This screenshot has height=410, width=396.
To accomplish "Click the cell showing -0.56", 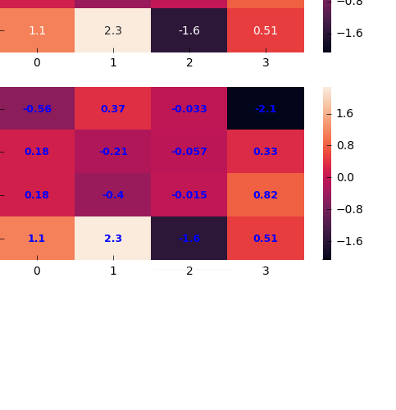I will pyautogui.click(x=37, y=108).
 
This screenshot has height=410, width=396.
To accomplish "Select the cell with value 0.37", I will pyautogui.click(x=113, y=108).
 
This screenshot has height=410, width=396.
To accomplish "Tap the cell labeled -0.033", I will pyautogui.click(x=189, y=108).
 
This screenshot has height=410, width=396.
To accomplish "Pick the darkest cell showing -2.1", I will pyautogui.click(x=266, y=108).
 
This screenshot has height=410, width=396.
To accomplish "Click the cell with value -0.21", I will pyautogui.click(x=113, y=152).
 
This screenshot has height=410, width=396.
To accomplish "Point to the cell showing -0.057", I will pyautogui.click(x=189, y=152).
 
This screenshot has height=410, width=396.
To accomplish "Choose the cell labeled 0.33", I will pyautogui.click(x=266, y=152).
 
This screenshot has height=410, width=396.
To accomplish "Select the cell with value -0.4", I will pyautogui.click(x=113, y=195).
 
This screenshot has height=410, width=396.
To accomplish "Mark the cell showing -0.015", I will pyautogui.click(x=189, y=195).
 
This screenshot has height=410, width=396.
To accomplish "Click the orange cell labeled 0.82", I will pyautogui.click(x=266, y=195).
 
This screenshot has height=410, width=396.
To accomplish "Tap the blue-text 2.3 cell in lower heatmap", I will pyautogui.click(x=113, y=239).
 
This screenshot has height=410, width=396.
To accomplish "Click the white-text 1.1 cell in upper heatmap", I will pyautogui.click(x=37, y=30).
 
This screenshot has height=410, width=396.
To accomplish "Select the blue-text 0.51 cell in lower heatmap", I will pyautogui.click(x=266, y=239).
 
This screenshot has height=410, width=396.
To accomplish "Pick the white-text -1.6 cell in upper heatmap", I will pyautogui.click(x=189, y=30).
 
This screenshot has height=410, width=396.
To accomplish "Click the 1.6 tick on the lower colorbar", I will pyautogui.click(x=344, y=113).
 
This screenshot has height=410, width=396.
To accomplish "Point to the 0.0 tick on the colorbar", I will pyautogui.click(x=344, y=177).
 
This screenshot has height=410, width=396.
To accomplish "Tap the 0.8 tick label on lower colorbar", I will pyautogui.click(x=344, y=145).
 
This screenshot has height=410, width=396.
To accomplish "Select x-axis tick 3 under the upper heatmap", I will pyautogui.click(x=266, y=62).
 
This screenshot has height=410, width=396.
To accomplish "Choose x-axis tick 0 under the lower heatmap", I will pyautogui.click(x=37, y=271).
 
